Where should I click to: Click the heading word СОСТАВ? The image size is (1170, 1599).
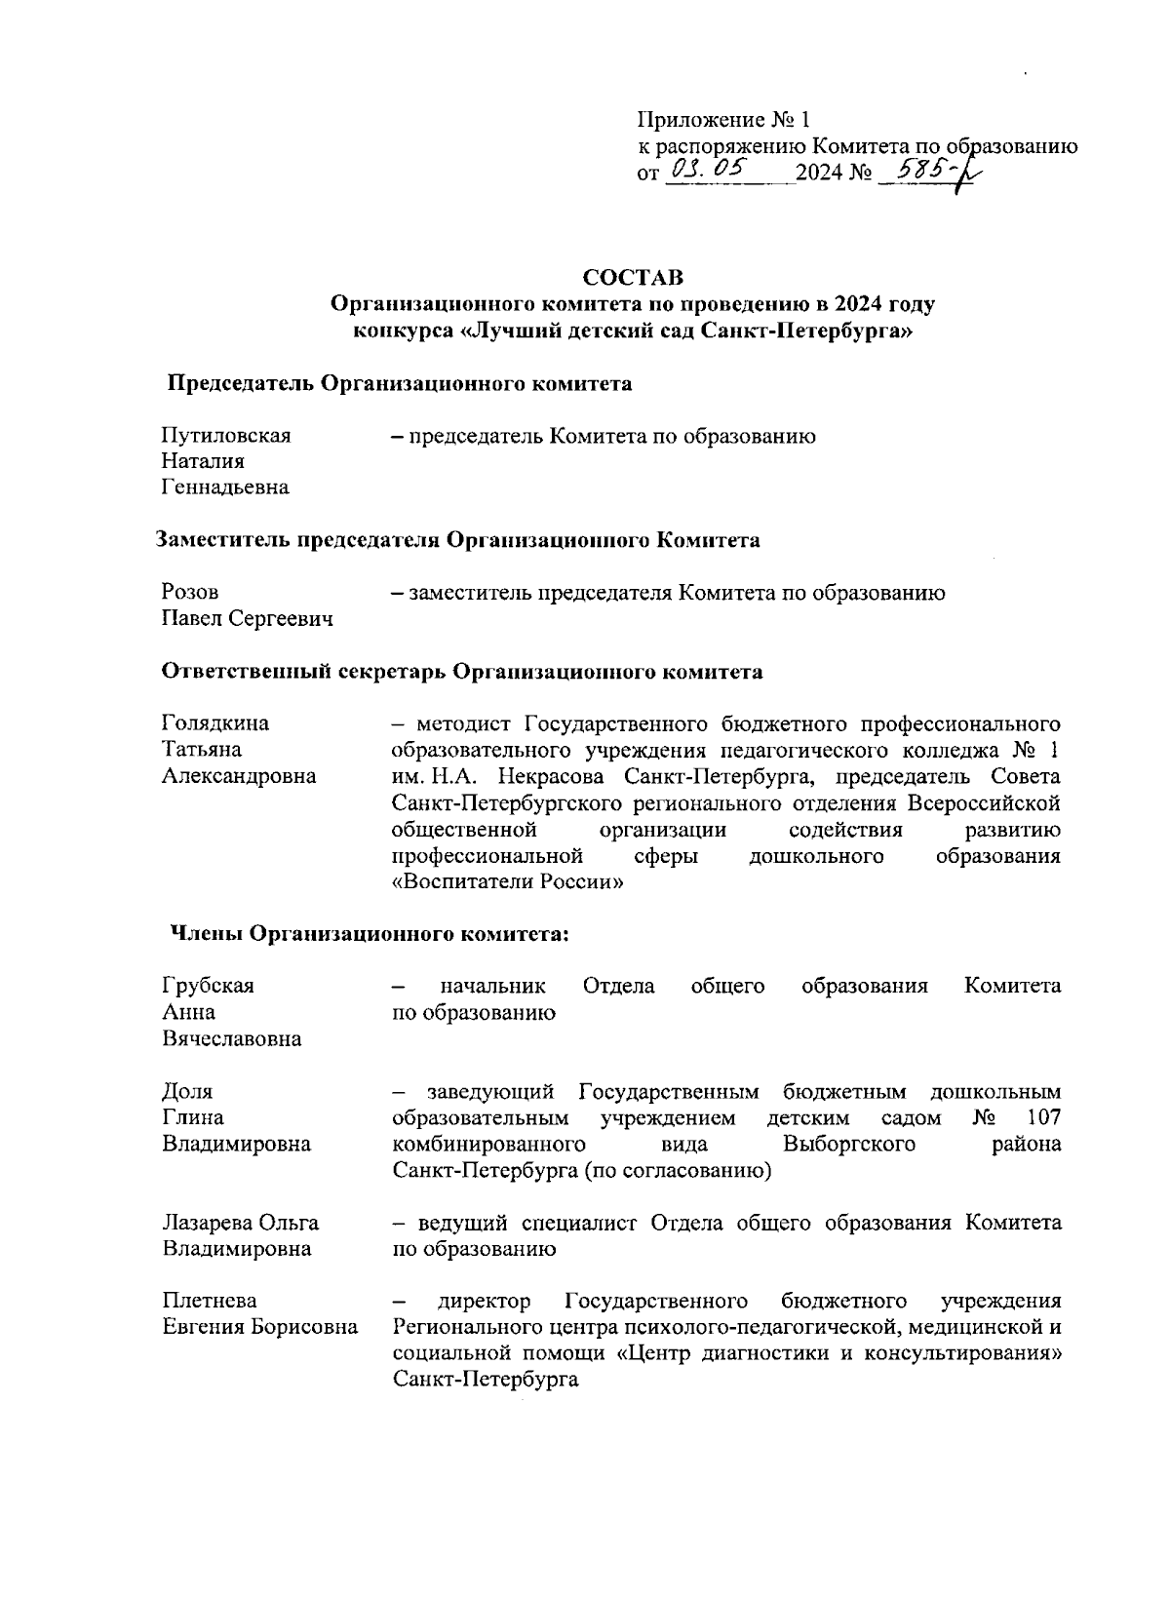(633, 277)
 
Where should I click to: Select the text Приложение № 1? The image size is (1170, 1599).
(723, 121)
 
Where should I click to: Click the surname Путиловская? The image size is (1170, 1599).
(225, 436)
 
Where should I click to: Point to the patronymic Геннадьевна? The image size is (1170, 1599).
(225, 487)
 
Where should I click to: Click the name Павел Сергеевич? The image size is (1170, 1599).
(247, 619)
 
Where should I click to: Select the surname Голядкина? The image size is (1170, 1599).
(215, 723)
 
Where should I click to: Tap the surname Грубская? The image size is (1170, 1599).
(208, 986)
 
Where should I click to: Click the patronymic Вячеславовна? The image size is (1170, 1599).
(231, 1038)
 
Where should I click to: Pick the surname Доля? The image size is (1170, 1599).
(187, 1091)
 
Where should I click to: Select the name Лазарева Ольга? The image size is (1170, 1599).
(240, 1223)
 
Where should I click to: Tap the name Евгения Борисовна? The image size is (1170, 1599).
(258, 1327)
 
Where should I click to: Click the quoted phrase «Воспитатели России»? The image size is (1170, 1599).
(507, 882)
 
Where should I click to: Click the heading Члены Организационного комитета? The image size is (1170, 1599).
(370, 934)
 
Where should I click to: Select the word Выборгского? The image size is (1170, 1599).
(848, 1144)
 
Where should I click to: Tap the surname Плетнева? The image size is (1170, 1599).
(210, 1301)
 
